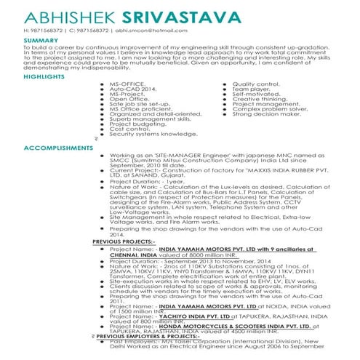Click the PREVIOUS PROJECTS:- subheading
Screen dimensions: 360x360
(124, 240)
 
